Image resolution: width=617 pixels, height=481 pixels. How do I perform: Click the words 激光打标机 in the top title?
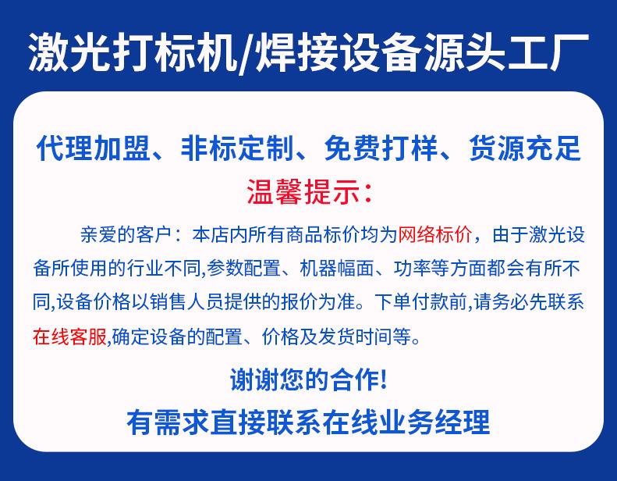[133, 52]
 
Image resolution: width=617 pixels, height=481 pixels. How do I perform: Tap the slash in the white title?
[245, 53]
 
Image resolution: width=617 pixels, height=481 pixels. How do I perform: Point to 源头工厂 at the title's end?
[504, 52]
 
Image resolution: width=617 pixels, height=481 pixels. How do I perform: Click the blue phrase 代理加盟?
[94, 148]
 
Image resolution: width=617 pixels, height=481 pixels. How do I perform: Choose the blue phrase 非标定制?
[237, 148]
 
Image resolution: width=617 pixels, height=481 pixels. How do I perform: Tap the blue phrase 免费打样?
[381, 148]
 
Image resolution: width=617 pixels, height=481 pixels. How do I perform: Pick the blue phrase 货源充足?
[525, 148]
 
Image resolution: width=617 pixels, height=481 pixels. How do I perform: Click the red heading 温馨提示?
[303, 192]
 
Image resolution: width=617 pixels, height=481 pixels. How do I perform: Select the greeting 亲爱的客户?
[126, 235]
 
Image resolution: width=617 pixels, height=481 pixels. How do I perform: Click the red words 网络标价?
[434, 235]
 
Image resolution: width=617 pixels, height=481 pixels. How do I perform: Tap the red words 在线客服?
[69, 337]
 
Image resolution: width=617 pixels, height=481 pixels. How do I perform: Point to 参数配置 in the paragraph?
[243, 269]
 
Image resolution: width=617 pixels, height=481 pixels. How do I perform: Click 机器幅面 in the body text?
[336, 269]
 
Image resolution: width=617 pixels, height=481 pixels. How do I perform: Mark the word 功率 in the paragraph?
[412, 269]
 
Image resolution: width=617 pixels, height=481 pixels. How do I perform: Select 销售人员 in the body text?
[186, 302]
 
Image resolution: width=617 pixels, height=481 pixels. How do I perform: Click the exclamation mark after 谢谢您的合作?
[384, 379]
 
